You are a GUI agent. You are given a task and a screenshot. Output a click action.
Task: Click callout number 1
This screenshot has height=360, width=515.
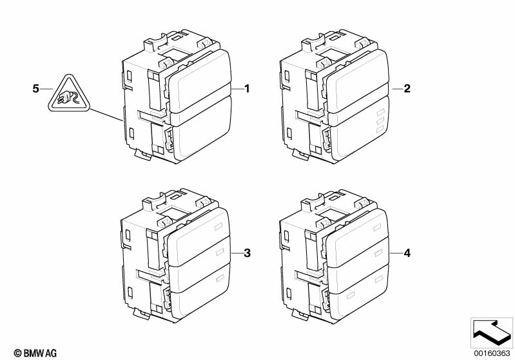pos(247,89)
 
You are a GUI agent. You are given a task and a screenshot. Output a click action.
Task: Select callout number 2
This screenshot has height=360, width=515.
pos(407,89)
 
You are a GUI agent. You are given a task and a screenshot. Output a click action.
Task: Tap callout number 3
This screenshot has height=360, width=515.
pos(247,253)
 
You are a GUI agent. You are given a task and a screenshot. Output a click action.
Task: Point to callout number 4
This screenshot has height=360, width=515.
pos(407,253)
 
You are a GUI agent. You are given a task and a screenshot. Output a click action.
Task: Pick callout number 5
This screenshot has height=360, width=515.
pos(36,89)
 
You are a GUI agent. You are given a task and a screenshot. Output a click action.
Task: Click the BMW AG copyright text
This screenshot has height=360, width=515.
pos(35,353)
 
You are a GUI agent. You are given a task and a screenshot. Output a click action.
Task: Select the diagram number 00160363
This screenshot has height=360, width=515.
pos(492,353)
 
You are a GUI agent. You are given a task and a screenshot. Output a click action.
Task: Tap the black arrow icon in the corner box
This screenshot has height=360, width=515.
pos(491,332)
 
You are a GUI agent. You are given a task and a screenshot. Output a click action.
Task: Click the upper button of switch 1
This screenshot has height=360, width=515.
pos(200,82)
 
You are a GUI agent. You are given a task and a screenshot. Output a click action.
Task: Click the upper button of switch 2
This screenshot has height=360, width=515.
pos(357,82)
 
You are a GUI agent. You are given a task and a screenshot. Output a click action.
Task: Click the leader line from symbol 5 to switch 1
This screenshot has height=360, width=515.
pos(106,115)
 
